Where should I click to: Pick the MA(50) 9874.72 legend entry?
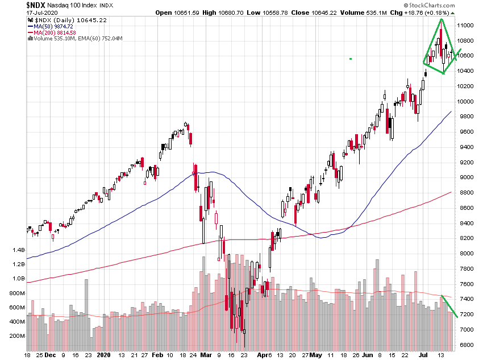pyautogui.click(x=54, y=26)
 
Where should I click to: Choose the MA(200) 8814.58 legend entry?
pyautogui.click(x=56, y=32)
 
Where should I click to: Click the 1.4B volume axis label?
pyautogui.click(x=19, y=250)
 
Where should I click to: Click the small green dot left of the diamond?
pyautogui.click(x=351, y=59)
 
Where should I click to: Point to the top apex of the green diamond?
pyautogui.click(x=441, y=19)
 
